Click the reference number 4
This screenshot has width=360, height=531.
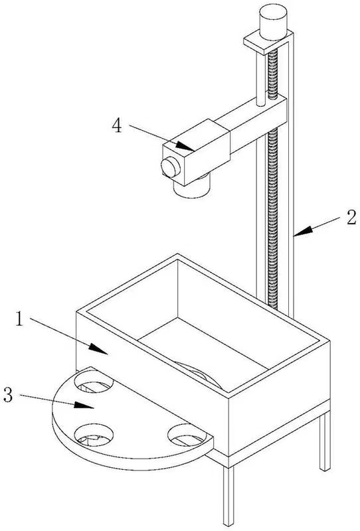point(117,126)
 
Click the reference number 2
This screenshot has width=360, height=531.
point(351,218)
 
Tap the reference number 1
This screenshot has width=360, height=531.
point(20,319)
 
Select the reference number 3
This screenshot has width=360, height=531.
point(8,395)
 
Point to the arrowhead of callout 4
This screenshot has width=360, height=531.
point(185,146)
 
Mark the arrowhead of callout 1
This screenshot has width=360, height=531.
point(99,349)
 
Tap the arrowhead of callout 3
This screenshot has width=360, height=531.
point(84,405)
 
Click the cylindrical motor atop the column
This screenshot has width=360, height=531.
point(273,23)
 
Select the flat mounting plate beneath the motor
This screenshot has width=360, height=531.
point(268,41)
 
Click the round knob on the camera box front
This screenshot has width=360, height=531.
point(170,167)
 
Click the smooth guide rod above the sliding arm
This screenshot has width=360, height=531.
point(260,78)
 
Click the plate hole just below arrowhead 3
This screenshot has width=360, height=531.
point(94,434)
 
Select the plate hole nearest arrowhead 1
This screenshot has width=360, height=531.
point(94,382)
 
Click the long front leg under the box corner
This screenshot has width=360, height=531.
point(228,495)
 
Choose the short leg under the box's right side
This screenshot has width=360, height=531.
point(325,441)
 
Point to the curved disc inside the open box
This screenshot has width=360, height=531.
point(200,374)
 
